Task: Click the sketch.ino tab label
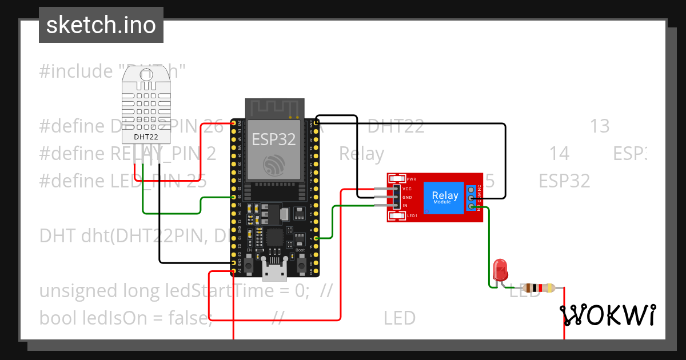click(101, 25)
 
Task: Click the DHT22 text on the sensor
click(146, 137)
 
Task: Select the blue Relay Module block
click(444, 197)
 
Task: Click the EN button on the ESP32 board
click(249, 260)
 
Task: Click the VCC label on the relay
click(407, 189)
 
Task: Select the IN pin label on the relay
click(405, 205)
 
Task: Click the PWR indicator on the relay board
click(396, 179)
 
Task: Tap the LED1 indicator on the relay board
click(396, 216)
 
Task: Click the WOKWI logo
click(608, 315)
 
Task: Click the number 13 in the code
click(600, 126)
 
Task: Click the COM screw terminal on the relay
click(472, 198)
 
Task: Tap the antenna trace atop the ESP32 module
click(274, 107)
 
